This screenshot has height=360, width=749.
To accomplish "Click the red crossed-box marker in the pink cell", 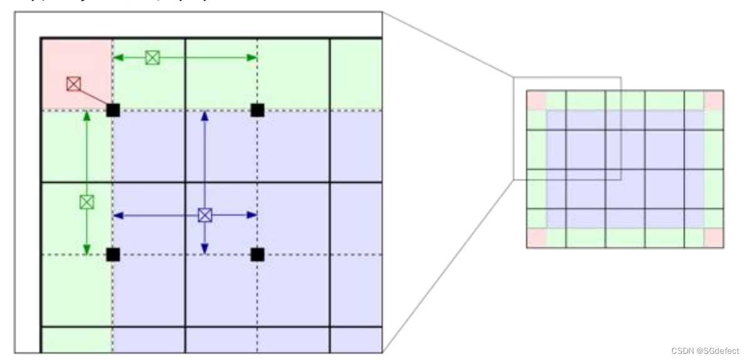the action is pos(74,83).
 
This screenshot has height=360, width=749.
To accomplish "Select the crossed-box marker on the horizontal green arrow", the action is pos(152,58).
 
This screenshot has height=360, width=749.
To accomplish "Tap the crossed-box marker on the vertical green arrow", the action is pos(86,202).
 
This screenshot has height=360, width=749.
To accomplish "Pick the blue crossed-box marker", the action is pos(205,215).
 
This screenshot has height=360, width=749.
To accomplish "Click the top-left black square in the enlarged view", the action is pos(113,110).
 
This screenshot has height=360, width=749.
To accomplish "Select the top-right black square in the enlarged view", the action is pos(257,110).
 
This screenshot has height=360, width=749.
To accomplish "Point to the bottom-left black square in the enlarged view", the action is pos(113,254).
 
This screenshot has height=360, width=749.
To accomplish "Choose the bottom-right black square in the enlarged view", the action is pos(257,254).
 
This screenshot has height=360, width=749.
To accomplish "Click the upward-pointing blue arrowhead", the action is pos(205,116).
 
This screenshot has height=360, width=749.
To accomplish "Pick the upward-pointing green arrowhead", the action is pos(86,116).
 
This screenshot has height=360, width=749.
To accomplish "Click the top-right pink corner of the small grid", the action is pos(713,101).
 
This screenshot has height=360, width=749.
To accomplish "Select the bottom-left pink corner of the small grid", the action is pos(536,238).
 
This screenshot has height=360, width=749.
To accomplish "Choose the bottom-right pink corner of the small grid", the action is pos(713,238).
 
